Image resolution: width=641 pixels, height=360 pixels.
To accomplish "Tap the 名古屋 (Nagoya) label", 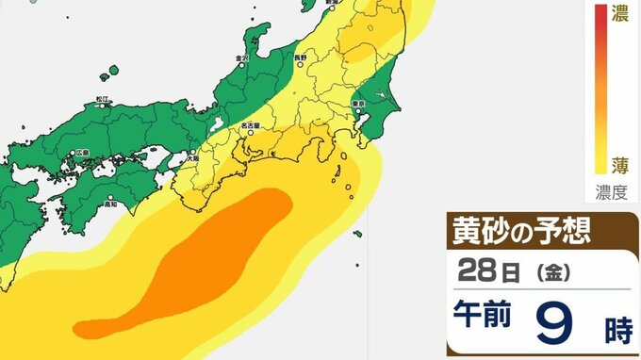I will click(x=251, y=123).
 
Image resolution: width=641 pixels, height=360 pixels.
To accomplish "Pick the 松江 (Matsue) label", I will click(x=103, y=98).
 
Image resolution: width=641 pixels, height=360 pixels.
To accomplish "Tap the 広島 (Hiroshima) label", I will click(x=82, y=153).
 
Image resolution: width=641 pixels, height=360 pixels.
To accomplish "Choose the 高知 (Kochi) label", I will click(x=110, y=203).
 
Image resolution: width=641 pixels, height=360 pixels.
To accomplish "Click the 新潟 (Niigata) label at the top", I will click(x=332, y=3).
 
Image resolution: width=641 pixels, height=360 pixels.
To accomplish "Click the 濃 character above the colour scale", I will click(x=620, y=14).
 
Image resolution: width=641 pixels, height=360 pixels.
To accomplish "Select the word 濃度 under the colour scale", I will click(x=612, y=192).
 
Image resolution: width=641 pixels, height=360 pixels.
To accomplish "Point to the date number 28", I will click(x=476, y=272).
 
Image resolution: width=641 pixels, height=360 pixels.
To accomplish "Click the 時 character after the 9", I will click(x=618, y=331).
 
